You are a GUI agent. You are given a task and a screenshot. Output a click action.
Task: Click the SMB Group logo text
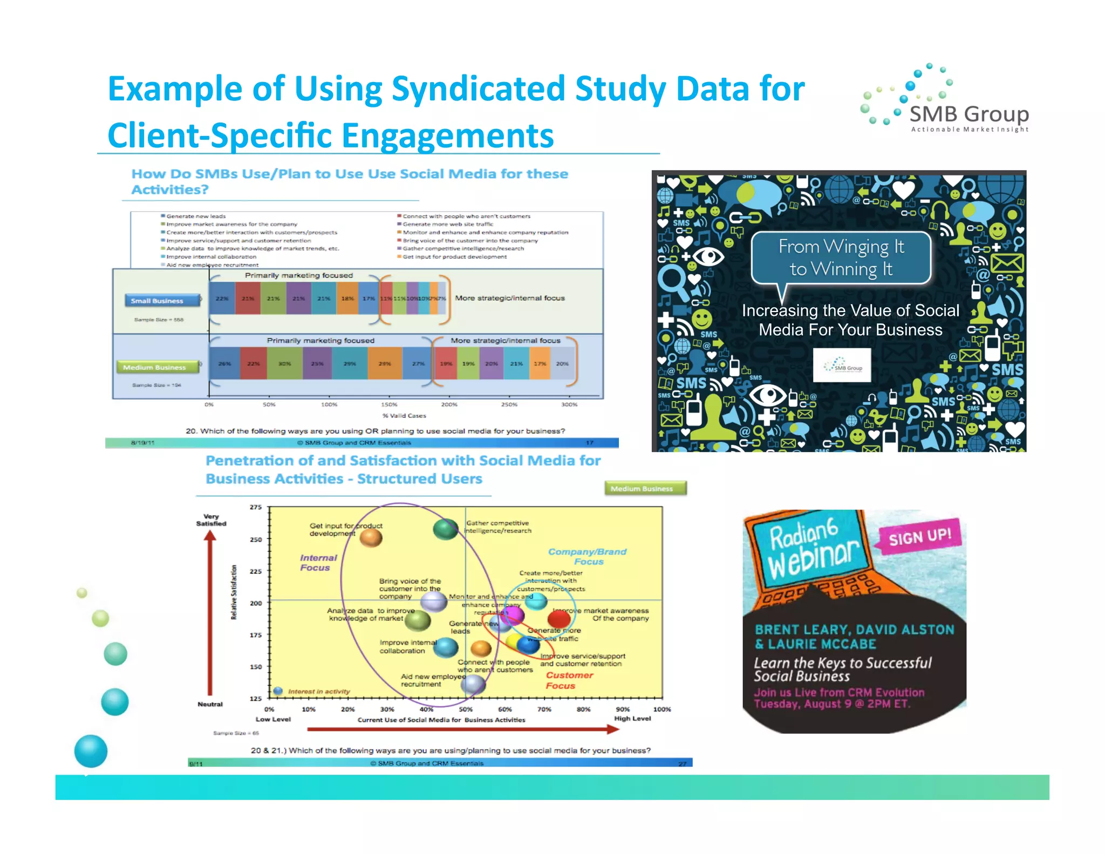[x=968, y=114]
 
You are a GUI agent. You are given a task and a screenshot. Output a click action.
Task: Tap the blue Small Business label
[x=157, y=301]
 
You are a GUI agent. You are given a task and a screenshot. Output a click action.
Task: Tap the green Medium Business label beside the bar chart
[x=154, y=367]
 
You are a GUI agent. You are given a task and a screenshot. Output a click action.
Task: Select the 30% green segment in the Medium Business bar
[x=285, y=364]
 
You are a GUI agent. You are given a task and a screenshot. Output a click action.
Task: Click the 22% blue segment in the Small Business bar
[x=222, y=299]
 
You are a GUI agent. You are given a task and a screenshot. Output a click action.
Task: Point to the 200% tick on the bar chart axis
[x=449, y=404]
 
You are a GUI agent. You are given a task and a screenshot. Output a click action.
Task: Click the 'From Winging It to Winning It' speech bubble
[x=841, y=258]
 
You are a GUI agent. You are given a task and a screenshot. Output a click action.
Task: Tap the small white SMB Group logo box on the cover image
[x=842, y=366]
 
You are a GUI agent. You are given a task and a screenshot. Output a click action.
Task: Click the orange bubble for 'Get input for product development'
[x=371, y=537]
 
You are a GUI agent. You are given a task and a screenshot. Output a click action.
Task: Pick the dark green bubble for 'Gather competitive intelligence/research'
[x=446, y=529]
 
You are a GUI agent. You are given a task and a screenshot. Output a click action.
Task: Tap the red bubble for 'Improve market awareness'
[x=559, y=619]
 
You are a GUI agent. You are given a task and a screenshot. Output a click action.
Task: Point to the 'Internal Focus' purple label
[x=318, y=562]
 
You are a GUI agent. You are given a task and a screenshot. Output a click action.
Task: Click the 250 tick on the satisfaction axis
[x=256, y=539]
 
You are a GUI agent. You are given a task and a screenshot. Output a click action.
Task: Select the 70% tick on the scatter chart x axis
[x=544, y=709]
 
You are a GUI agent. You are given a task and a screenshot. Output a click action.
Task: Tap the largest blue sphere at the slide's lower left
[x=91, y=751]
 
